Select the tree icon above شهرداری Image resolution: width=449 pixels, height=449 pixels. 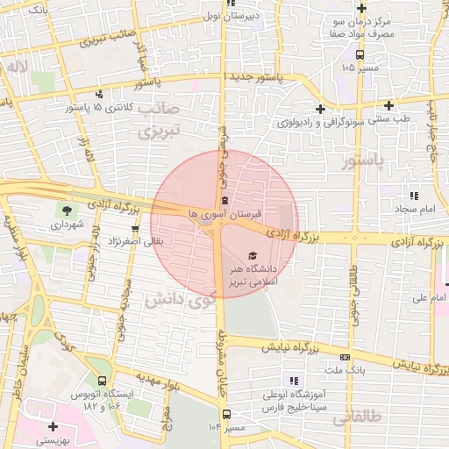[x=66, y=210]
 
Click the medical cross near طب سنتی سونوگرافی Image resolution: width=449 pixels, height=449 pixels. [x=321, y=110]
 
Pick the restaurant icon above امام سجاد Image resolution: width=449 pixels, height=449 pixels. [x=413, y=196]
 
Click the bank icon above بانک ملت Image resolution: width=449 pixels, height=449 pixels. [x=346, y=357]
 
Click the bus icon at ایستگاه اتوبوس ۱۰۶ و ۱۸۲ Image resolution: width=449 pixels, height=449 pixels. [x=103, y=381]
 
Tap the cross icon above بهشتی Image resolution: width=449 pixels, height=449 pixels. [x=53, y=426]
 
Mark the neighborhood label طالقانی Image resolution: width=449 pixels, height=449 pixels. [x=359, y=419]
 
